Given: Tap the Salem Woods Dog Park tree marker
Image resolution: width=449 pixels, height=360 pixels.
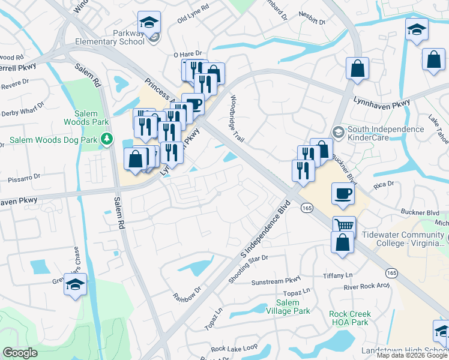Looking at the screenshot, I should coord(107,140).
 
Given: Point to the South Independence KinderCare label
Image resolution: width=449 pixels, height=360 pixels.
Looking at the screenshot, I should coord(385,133).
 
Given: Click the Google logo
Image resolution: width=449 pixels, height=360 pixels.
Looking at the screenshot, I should coord(20,353).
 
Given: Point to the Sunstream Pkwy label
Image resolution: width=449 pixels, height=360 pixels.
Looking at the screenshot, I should coord(276,281).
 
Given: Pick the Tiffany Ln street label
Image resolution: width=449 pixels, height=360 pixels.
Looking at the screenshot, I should coord(337,275).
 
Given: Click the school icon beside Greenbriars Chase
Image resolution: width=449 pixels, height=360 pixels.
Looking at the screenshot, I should coord(76,285).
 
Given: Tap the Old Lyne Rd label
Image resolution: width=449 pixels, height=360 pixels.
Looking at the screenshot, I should coord(193,22).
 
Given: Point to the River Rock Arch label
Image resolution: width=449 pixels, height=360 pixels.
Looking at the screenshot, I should coord(367,287).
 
